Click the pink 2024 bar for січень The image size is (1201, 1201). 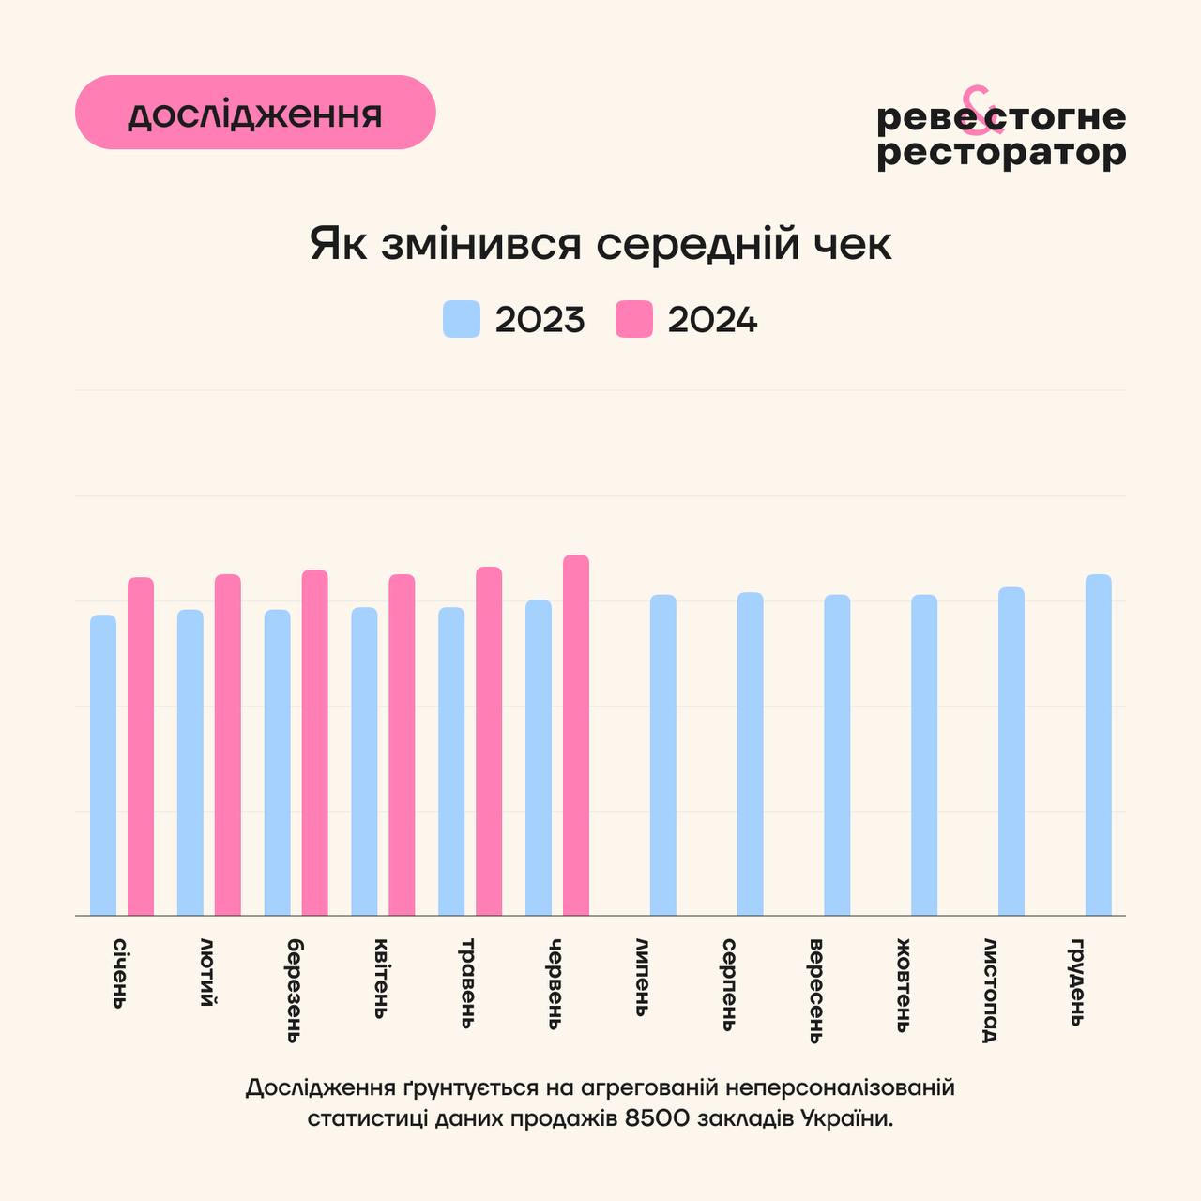click(x=141, y=746)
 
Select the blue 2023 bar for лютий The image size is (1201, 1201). click(x=190, y=762)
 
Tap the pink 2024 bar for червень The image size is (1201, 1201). click(x=576, y=735)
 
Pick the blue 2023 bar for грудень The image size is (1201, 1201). click(x=1099, y=744)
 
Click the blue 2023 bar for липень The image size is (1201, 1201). click(x=663, y=754)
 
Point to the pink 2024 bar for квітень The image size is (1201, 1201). click(x=402, y=744)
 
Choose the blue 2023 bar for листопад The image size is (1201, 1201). click(x=1011, y=751)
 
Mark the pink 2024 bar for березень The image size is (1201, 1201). click(x=315, y=742)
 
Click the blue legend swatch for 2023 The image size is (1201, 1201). click(x=462, y=319)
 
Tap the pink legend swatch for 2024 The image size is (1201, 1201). click(x=634, y=319)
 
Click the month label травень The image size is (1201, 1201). click(x=467, y=982)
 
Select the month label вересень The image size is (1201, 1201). click(x=815, y=990)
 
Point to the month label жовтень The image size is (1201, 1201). click(x=903, y=984)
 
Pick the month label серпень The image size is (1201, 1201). click(x=729, y=984)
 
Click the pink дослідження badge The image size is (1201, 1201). click(x=255, y=113)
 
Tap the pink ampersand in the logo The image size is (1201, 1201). click(x=976, y=106)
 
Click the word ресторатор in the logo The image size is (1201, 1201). click(x=1001, y=152)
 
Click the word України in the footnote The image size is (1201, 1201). click(x=845, y=1118)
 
